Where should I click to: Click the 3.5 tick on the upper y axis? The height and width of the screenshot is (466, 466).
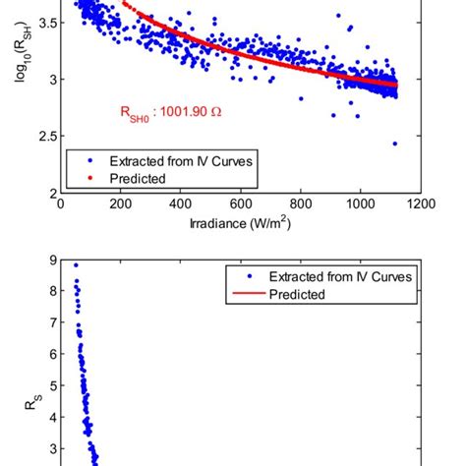(x=43, y=21)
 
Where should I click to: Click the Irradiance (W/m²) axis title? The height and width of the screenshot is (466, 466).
(x=241, y=223)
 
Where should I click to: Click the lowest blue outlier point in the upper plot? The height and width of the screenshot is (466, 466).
(x=394, y=144)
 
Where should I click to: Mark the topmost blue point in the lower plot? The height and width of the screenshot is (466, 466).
(x=76, y=264)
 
